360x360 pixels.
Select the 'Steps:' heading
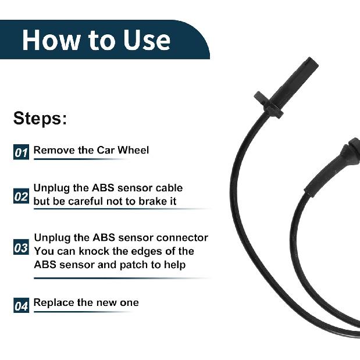pyautogui.click(x=40, y=118)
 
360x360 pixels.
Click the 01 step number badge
pyautogui.click(x=21, y=152)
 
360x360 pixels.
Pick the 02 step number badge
pyautogui.click(x=21, y=197)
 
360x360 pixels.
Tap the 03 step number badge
pyautogui.click(x=21, y=248)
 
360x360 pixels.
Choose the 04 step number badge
pyautogui.click(x=21, y=305)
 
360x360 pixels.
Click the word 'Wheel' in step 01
pyautogui.click(x=133, y=150)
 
